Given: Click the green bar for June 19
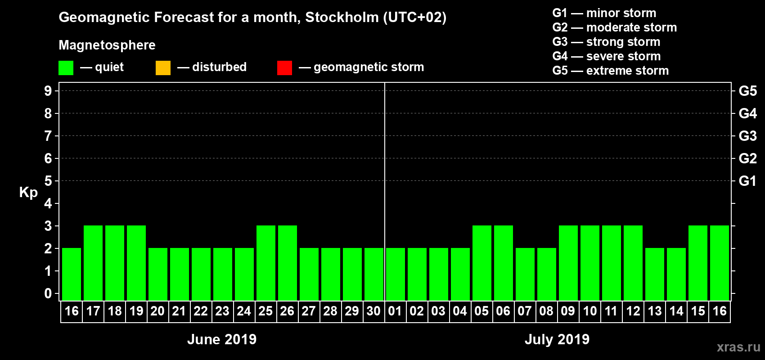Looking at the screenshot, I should pos(136,263).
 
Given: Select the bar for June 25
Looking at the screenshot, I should pos(266,263).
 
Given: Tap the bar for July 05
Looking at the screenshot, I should pos(482,263).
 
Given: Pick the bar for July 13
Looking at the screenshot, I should pos(655,274).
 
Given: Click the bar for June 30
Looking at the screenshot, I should pos(374,274).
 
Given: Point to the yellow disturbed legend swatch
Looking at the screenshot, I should pos(163,68).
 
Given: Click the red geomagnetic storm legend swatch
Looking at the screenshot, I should pos(284,68).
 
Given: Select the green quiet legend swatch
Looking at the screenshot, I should pos(66,68).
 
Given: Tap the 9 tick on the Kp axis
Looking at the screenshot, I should pos(48,91).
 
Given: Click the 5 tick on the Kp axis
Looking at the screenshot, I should pos(48,181).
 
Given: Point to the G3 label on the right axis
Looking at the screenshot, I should pos(747,136).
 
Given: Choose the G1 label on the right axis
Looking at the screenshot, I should pos(747,181).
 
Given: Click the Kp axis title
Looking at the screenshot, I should pos(28,193).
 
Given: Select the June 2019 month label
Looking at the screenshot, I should pos(222,339).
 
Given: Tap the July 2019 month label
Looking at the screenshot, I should pos(557,339).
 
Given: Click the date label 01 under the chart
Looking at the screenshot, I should pos(395,311).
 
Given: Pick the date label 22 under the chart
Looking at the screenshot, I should pos(201,311).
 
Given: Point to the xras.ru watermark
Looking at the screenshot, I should pos(738,347).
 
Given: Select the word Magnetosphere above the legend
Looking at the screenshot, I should pos(107,45).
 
